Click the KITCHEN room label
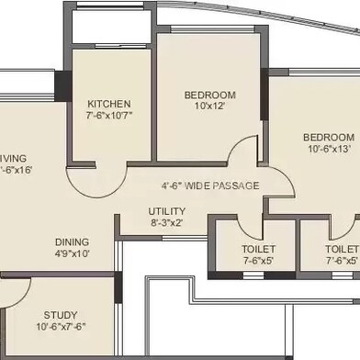pos(109,104)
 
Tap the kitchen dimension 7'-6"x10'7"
pos(109,116)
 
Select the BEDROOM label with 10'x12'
pos(209,95)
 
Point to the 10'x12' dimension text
pos(209,107)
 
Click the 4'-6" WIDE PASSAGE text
pos(210,186)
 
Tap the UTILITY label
pos(166,210)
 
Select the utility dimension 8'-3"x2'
pos(166,222)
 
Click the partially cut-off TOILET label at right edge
pos(343,248)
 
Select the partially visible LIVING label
pos(12,156)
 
